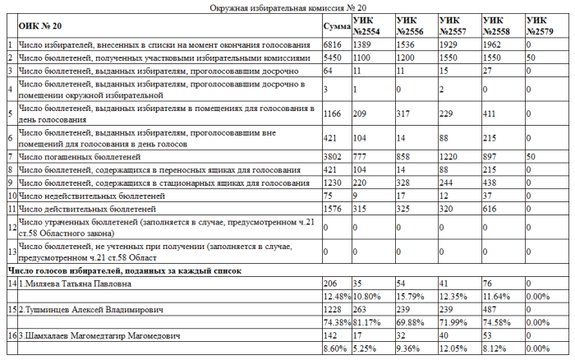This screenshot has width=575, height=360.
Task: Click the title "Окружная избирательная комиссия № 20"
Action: [287, 7]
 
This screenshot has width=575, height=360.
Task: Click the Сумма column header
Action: [336, 25]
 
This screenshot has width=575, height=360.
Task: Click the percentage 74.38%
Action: [336, 322]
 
